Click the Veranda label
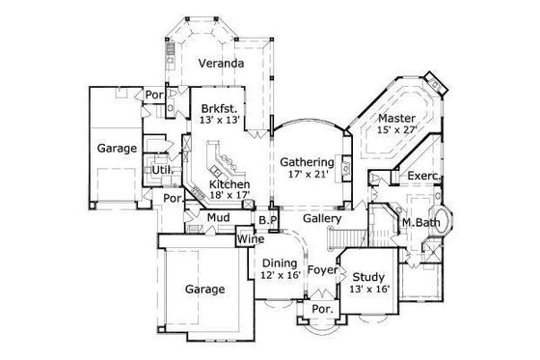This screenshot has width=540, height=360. pyautogui.click(x=220, y=64)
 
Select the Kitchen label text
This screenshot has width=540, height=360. pyautogui.click(x=230, y=183)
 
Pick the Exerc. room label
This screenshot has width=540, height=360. pyautogui.click(x=423, y=177)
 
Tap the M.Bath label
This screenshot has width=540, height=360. pyautogui.click(x=420, y=223)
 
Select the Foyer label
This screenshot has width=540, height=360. pyautogui.click(x=322, y=270)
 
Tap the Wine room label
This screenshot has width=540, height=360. pyautogui.click(x=251, y=239)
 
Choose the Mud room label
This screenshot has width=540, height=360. pyautogui.click(x=217, y=218)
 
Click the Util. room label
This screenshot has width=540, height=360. pyautogui.click(x=160, y=170)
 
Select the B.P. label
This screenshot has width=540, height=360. pyautogui.click(x=267, y=219)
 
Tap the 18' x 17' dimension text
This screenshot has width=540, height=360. pyautogui.click(x=230, y=196)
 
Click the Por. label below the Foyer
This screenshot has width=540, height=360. pyautogui.click(x=321, y=310)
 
